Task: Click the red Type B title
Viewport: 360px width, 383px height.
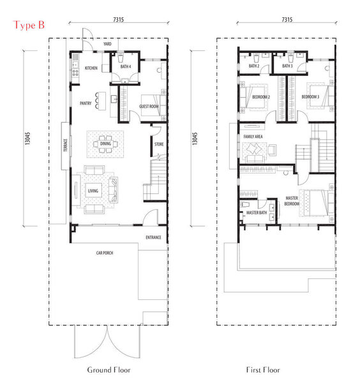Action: [29, 25]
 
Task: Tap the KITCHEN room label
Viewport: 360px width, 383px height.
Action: [91, 68]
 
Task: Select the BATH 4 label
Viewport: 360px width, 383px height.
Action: [126, 66]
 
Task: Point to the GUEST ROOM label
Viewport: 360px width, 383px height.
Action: [149, 106]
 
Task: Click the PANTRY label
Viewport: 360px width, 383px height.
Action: [86, 103]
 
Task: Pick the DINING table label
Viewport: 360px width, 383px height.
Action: [105, 144]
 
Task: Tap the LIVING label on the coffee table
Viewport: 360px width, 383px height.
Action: [93, 191]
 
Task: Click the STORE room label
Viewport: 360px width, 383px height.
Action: [159, 144]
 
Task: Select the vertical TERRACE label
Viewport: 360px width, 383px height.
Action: [66, 145]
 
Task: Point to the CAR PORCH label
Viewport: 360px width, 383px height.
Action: [105, 253]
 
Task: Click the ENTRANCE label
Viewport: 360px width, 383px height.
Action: [153, 237]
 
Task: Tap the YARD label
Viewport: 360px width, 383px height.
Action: [107, 43]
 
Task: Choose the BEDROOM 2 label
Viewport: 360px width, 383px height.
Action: [261, 97]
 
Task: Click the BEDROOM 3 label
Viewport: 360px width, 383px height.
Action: [310, 97]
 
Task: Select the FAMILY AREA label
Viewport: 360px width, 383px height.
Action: [253, 137]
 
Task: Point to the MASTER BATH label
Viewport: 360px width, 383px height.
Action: [257, 213]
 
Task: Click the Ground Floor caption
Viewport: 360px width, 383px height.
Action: [109, 370]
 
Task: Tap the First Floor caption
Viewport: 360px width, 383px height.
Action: [263, 370]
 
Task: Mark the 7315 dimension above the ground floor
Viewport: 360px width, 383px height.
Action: [119, 19]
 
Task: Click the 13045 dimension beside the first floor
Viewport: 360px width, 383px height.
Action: [195, 139]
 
